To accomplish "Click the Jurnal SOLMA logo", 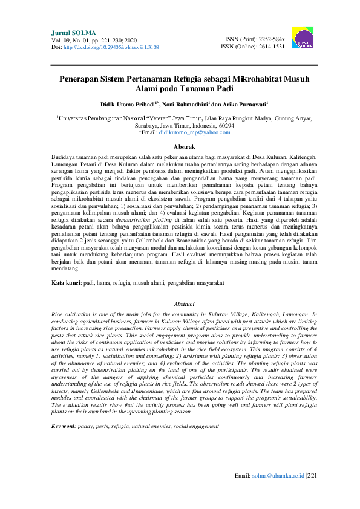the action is pos(303,37).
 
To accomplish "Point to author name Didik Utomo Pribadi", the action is pos(125,104).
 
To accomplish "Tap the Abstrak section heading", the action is pos(180,147).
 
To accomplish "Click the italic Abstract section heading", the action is pos(180,304).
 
